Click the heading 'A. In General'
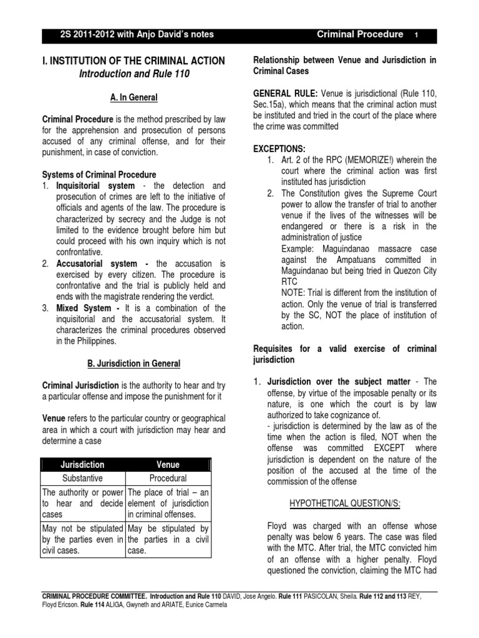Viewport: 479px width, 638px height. click(132, 98)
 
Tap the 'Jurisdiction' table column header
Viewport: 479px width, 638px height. click(82, 465)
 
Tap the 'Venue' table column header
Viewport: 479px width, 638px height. click(168, 465)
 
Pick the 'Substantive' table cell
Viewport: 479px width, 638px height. click(82, 478)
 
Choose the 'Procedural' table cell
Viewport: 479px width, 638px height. click(168, 478)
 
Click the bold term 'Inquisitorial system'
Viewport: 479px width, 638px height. click(95, 186)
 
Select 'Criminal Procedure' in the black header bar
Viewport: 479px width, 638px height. click(360, 34)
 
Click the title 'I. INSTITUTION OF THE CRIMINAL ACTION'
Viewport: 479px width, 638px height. click(132, 61)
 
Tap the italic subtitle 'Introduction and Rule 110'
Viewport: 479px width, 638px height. click(132, 74)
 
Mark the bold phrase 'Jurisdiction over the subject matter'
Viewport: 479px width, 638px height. click(339, 381)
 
